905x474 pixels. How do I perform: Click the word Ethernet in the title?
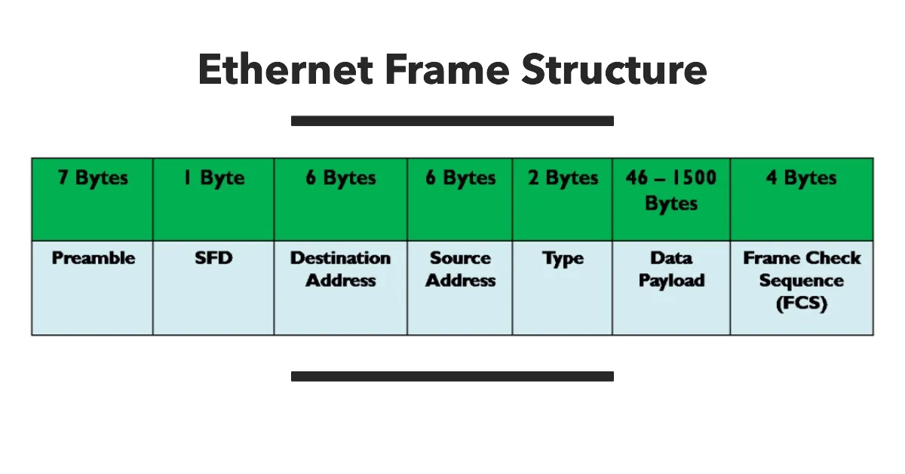pos(285,69)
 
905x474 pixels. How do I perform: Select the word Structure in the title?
pos(614,69)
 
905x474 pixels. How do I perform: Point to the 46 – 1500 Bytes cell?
pos(671,190)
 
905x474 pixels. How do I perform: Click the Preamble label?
pos(94,258)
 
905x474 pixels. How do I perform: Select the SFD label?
pos(213,258)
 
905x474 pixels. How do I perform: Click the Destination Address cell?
pos(341,269)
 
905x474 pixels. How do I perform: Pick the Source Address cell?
pos(460,269)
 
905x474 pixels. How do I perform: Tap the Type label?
pos(563,258)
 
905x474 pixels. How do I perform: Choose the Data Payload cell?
pos(671,269)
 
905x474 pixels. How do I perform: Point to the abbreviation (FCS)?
pos(802,304)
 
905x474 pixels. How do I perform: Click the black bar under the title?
pos(452,121)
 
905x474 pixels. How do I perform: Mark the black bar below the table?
pos(452,376)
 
